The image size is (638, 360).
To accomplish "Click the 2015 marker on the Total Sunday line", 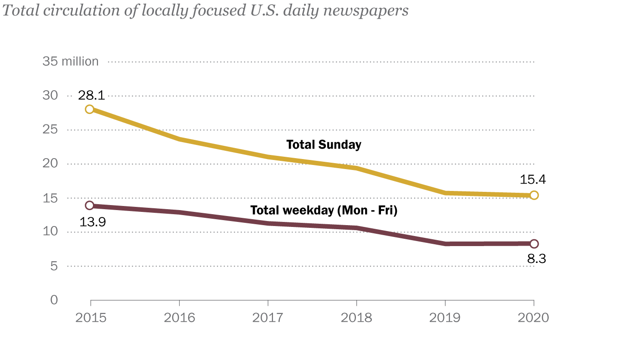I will (90, 109).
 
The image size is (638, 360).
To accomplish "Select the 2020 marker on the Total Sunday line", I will (534, 195).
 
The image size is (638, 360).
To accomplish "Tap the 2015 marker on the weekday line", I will (90, 206).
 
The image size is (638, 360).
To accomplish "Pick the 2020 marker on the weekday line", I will (534, 244).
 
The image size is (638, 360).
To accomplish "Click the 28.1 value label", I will (92, 95).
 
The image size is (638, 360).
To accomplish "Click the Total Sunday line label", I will (324, 145).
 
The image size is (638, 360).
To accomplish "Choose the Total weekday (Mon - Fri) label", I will (324, 211).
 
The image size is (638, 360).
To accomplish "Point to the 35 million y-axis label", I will (70, 62).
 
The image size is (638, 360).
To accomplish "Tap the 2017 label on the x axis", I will (268, 318).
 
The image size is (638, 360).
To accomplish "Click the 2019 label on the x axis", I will (445, 318).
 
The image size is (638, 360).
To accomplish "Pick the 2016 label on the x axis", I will (179, 318).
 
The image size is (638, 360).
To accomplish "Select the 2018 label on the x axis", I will (356, 318).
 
